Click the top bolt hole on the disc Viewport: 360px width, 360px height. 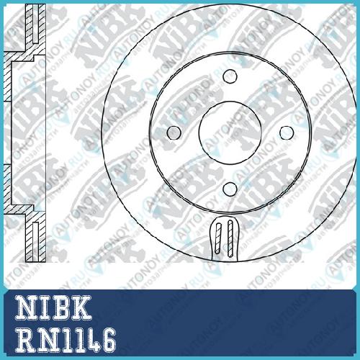pyautogui.click(x=230, y=76)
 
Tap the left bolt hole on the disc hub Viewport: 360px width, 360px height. pyautogui.click(x=174, y=132)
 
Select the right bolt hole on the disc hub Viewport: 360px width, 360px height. pyautogui.click(x=287, y=132)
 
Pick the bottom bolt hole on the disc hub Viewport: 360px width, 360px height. pyautogui.click(x=230, y=189)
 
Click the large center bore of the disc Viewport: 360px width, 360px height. pyautogui.click(x=230, y=132)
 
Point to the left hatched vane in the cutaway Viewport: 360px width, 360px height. pyautogui.click(x=218, y=238)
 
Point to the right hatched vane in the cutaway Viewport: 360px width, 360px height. pyautogui.click(x=230, y=239)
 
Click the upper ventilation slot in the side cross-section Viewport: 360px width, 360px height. pyautogui.click(x=35, y=24)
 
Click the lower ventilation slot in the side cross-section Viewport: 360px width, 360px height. pyautogui.click(x=35, y=242)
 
